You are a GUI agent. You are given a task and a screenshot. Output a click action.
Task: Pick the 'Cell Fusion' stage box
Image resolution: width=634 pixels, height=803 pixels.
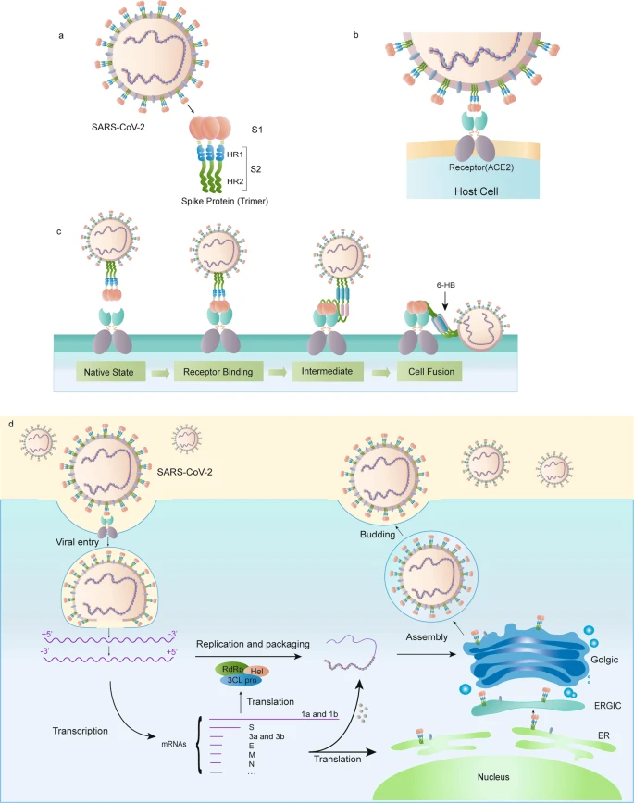pos(429,372)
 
